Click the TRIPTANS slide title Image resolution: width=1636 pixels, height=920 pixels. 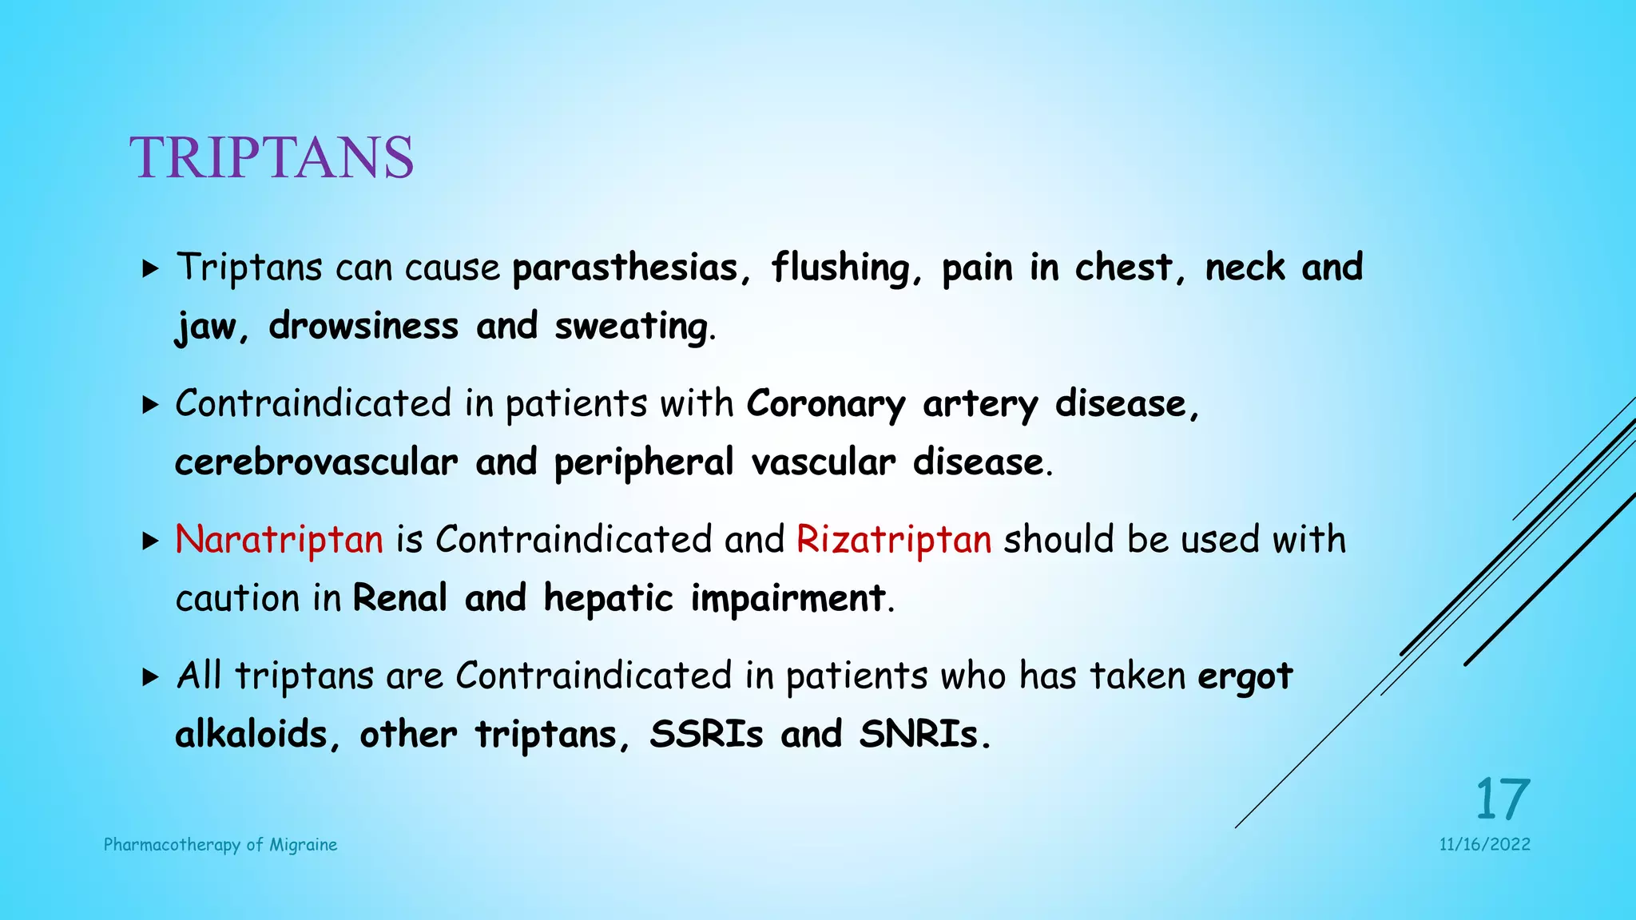[272, 157]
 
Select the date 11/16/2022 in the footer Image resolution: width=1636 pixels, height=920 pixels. [1484, 845]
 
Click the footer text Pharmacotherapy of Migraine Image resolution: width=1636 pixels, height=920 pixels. [220, 845]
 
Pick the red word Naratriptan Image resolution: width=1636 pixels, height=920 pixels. [279, 540]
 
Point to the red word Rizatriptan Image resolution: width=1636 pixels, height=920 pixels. [894, 540]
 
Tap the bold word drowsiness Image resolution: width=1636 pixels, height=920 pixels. [363, 326]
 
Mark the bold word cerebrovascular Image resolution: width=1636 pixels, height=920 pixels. [316, 462]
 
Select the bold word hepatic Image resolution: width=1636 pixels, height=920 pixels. [609, 599]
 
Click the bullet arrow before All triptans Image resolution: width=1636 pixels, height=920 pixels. [150, 677]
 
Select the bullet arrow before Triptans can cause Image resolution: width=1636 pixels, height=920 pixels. [150, 268]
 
